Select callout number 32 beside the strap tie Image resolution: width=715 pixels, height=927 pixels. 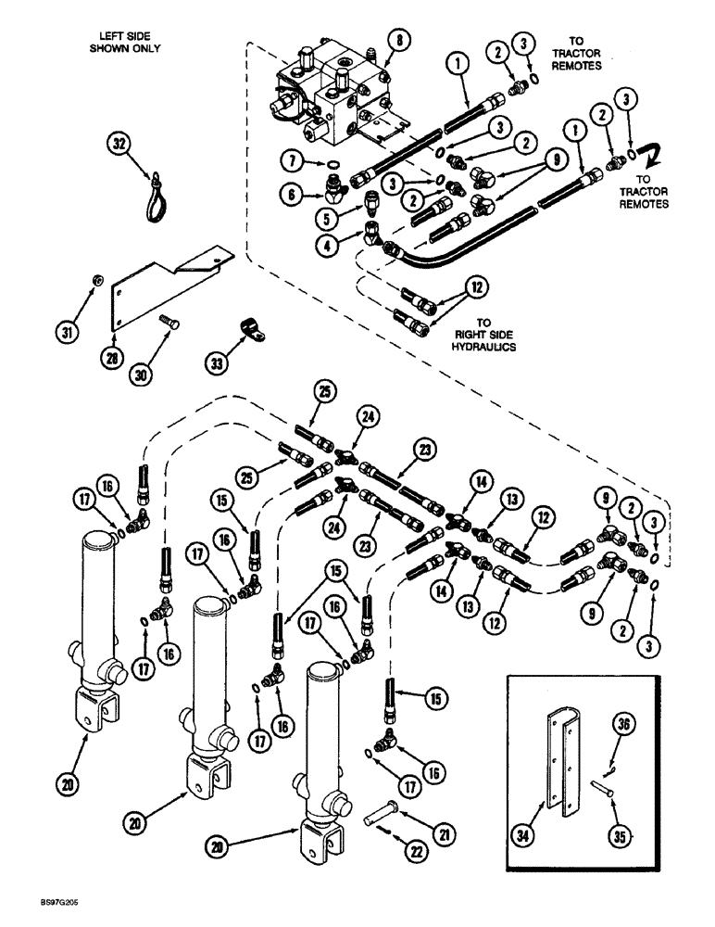pyautogui.click(x=116, y=145)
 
